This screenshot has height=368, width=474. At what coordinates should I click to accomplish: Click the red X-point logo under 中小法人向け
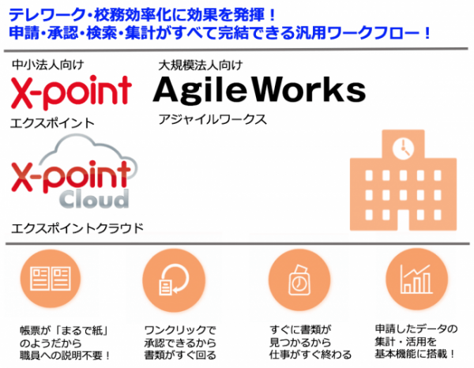coord(71,92)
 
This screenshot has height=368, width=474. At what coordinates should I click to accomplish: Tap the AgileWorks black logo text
coord(259,90)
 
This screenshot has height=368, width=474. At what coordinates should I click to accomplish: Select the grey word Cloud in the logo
coord(94,199)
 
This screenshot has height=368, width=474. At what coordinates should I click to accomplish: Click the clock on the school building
coord(403,148)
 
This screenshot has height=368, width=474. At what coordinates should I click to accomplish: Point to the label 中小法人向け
coord(47,65)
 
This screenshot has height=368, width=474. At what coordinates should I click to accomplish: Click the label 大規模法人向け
coord(200,66)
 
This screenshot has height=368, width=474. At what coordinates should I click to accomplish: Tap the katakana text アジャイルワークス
coord(213,120)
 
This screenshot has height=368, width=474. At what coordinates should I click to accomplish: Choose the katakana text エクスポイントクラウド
coord(77,228)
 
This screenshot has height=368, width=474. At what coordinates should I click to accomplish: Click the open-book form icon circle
coord(51,279)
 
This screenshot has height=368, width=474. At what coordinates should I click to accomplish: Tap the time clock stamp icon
coord(299,280)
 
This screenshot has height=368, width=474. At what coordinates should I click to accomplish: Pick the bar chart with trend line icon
coord(416,279)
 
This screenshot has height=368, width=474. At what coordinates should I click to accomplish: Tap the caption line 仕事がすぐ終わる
coord(310,355)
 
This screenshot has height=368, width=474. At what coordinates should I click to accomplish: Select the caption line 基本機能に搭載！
coord(415,354)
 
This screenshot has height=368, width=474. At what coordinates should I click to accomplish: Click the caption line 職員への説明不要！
coord(65,355)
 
